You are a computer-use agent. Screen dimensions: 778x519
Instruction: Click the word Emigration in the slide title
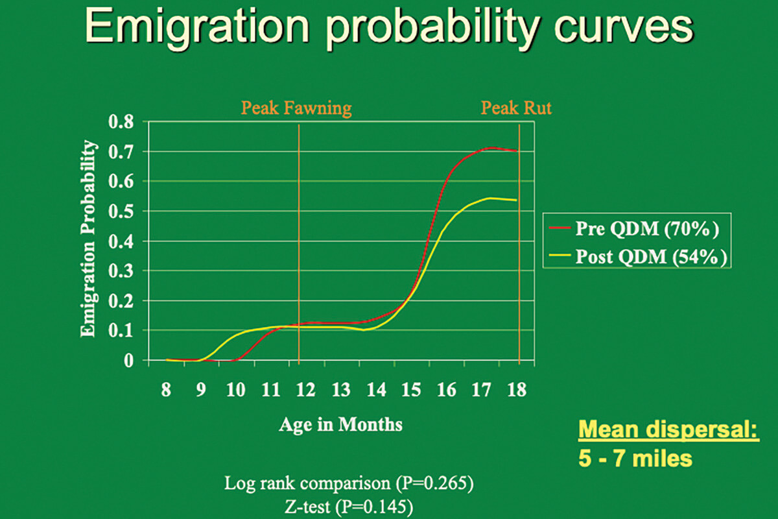[x=197, y=28]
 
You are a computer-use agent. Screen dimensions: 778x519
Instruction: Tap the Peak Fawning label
[x=296, y=108]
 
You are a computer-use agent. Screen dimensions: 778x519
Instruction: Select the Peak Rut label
[x=516, y=108]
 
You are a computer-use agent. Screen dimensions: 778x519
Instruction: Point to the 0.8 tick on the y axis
[x=121, y=122]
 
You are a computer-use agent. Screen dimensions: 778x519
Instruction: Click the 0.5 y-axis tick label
[x=121, y=211]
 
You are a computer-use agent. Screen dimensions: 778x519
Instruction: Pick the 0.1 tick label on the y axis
[x=121, y=331]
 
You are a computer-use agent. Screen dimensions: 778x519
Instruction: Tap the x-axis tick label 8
[x=166, y=389]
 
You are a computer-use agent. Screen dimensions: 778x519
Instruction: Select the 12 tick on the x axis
[x=305, y=389]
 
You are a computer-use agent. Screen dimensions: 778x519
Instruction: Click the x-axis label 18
[x=517, y=389]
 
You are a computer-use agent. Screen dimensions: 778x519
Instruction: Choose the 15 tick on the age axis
[x=411, y=389]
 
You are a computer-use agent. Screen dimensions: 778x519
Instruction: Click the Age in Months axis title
[x=340, y=425]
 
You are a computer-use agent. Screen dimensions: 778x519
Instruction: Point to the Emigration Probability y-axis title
[x=88, y=239]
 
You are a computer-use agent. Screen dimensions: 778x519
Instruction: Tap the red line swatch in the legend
[x=560, y=228]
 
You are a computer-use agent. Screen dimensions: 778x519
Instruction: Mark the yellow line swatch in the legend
[x=560, y=256]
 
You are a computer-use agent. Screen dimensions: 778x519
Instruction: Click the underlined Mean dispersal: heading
[x=669, y=429]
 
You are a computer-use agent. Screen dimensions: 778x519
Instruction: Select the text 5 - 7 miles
[x=635, y=459]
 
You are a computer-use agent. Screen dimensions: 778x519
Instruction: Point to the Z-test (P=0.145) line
[x=349, y=507]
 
